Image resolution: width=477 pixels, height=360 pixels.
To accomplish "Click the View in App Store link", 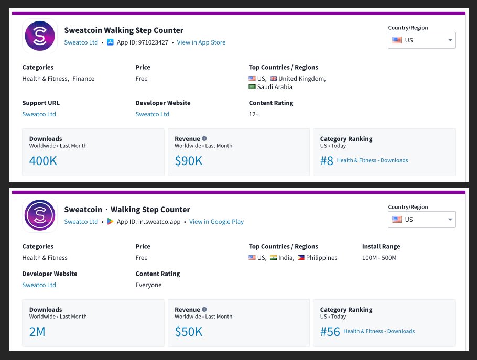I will tap(201, 42).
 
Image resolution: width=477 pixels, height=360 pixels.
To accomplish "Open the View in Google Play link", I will tap(216, 222).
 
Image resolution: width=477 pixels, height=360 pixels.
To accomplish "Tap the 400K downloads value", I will tap(43, 161).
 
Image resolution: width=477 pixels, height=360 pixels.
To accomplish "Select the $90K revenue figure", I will tap(188, 161).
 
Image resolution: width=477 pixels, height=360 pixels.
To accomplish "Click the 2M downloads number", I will tap(37, 331).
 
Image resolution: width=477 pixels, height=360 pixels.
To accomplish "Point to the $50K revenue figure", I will tap(188, 331).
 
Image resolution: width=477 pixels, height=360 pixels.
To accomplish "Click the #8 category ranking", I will tap(327, 161).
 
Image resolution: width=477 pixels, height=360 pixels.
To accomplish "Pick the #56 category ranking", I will tap(330, 331).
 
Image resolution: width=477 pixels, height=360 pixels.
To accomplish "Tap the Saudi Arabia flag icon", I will tap(252, 87).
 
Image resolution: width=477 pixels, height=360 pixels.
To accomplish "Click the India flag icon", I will tap(273, 258).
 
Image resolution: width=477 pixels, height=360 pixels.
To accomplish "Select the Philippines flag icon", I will tap(301, 258).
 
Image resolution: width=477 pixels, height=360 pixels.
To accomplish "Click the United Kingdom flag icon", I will tap(273, 79).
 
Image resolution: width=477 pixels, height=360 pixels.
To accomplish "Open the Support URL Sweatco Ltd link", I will tap(39, 114).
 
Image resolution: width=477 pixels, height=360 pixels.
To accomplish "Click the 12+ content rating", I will tap(254, 114).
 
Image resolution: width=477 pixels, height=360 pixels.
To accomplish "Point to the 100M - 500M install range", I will tap(379, 258).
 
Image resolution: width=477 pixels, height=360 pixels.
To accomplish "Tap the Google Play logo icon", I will tap(110, 222).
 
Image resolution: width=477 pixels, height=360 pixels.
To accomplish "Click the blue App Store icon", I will tap(110, 42).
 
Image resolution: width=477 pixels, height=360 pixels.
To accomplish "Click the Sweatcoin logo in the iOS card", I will tap(40, 36).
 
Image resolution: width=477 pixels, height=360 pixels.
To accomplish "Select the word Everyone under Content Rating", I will tap(148, 285).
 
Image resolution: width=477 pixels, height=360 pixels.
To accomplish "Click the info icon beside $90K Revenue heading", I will tap(204, 139).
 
